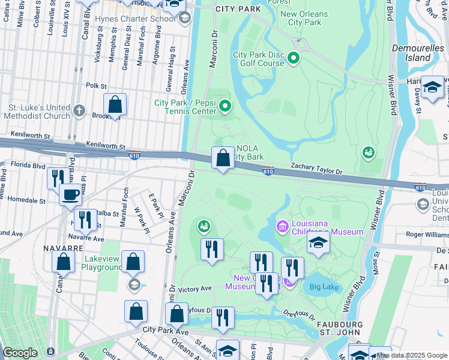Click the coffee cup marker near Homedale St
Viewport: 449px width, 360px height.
(x=71, y=194)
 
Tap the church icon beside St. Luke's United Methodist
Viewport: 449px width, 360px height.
(x=79, y=110)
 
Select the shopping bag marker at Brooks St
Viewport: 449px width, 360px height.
(x=115, y=104)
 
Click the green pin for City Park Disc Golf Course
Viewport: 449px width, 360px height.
(x=294, y=58)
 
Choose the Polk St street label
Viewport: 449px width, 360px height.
(x=96, y=86)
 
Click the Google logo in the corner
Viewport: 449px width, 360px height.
(x=20, y=353)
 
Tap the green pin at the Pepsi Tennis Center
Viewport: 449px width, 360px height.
(x=225, y=107)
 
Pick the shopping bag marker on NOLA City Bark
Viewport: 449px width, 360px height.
(x=223, y=159)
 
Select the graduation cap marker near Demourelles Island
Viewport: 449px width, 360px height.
(x=432, y=88)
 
